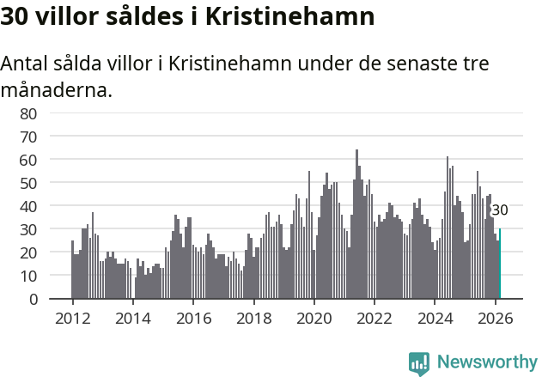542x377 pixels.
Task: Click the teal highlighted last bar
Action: (500, 265)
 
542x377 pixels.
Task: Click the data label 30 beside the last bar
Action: (500, 210)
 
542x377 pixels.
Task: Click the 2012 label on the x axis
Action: (72, 317)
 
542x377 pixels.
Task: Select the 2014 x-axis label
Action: (132, 317)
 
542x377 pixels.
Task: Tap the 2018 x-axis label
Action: (253, 317)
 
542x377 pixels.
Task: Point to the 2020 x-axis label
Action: (314, 317)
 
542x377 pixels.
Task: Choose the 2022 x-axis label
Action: (374, 317)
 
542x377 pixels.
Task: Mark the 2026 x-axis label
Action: (495, 317)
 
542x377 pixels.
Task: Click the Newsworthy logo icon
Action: (419, 363)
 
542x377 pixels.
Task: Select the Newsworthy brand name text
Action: (487, 363)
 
